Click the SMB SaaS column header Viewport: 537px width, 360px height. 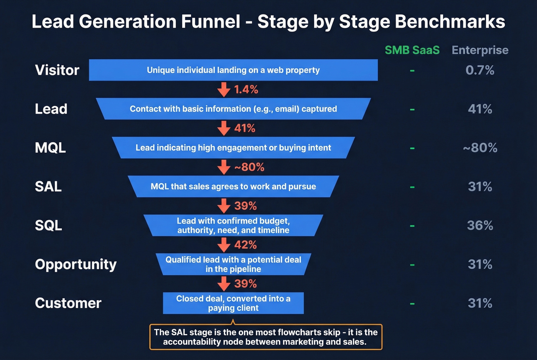tap(412, 50)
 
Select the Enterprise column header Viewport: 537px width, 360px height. tap(480, 50)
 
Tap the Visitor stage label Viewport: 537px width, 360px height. tap(57, 70)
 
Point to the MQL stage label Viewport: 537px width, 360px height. tap(50, 148)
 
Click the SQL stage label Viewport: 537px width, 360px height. tap(48, 225)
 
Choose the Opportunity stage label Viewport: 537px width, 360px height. tap(76, 264)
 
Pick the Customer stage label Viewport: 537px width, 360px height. tap(68, 303)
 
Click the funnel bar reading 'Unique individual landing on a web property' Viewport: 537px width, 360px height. tap(233, 70)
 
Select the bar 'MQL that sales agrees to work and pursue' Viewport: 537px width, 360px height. tap(233, 186)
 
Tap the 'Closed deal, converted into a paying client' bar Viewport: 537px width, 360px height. tap(233, 303)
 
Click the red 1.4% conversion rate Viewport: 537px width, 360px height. tap(246, 89)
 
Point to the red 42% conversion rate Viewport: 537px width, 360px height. tap(245, 245)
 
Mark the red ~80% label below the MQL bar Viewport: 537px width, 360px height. tap(249, 167)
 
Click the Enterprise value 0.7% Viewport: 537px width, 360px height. tap(480, 70)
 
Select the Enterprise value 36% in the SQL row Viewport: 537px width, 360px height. tap(480, 225)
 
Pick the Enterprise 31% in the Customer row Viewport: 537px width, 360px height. tap(480, 303)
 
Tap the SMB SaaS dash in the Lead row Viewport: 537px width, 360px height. tap(412, 110)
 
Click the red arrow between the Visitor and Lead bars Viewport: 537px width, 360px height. tap(224, 89)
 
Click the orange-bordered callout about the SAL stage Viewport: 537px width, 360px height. tap(265, 337)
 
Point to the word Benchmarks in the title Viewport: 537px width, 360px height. tap(450, 21)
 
